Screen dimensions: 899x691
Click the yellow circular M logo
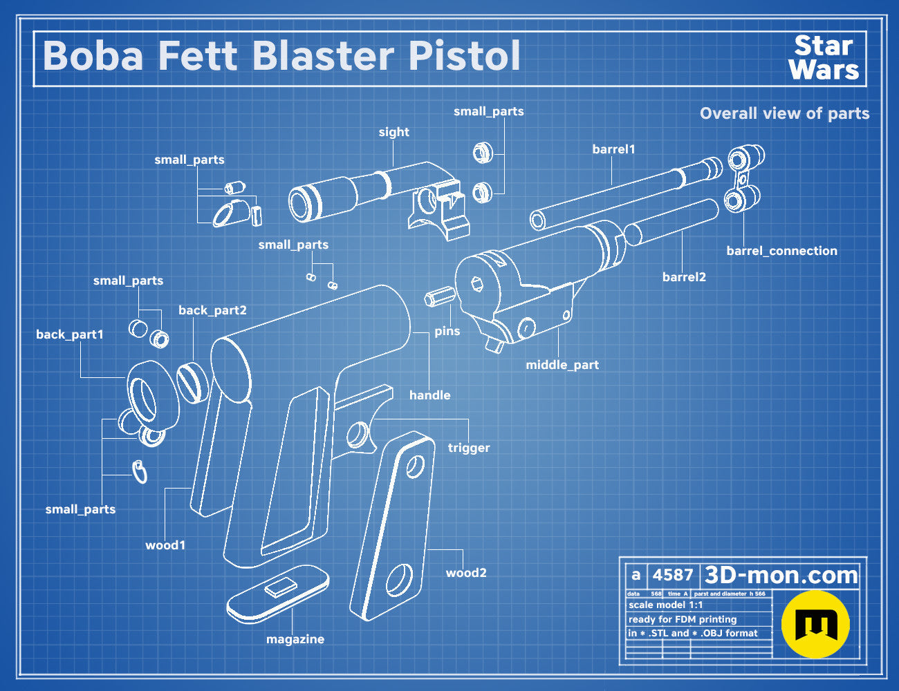click(x=815, y=624)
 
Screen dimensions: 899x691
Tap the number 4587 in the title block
click(x=672, y=575)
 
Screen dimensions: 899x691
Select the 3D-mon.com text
click(x=781, y=575)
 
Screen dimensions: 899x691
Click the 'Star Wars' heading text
click(x=824, y=58)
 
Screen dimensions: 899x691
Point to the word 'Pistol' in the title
click(x=464, y=56)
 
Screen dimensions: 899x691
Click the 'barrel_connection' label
click(x=781, y=251)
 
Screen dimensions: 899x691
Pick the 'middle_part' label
click(x=562, y=366)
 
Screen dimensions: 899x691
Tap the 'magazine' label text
click(x=295, y=639)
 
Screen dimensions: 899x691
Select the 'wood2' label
click(x=466, y=573)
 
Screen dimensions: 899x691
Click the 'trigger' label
click(x=469, y=448)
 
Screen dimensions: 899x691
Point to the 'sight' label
click(x=393, y=132)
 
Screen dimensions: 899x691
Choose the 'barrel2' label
click(x=684, y=277)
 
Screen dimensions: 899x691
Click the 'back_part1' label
click(x=70, y=334)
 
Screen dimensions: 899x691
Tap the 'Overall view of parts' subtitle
click(x=784, y=113)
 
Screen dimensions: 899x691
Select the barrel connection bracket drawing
click(x=744, y=178)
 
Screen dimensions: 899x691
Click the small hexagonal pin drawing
click(x=439, y=296)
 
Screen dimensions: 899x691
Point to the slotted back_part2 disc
click(x=193, y=382)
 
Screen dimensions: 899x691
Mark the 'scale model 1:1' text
click(x=665, y=605)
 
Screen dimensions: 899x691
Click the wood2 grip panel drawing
click(x=392, y=526)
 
